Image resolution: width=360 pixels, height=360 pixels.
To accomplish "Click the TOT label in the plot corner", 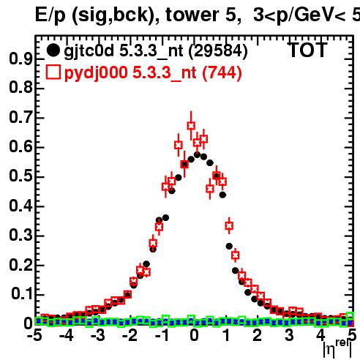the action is (x=307, y=50).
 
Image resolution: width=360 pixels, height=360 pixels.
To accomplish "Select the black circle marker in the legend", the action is (x=53, y=50).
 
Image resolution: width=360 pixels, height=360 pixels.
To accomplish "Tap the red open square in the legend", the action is (x=53, y=72).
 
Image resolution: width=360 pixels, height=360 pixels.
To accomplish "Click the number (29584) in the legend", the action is (x=219, y=50).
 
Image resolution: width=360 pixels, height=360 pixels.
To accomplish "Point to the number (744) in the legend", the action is (x=222, y=72).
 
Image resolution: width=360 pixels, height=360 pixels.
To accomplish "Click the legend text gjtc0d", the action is (x=89, y=51).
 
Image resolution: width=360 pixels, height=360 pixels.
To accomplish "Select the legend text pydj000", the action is (x=96, y=73).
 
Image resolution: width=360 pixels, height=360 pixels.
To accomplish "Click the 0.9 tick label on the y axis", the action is (x=20, y=59).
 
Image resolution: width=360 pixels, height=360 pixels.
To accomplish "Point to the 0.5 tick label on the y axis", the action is (x=20, y=176).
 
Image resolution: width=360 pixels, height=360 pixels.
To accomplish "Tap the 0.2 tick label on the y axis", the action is (x=20, y=265).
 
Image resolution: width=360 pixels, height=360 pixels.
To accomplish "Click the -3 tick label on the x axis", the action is (x=98, y=335).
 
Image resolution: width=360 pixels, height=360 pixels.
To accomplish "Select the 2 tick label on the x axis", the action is (x=258, y=335).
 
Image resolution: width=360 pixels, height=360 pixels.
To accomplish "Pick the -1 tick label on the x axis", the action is (x=162, y=335).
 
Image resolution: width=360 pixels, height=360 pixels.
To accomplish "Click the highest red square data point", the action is (x=191, y=126).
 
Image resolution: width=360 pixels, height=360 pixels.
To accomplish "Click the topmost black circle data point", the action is (x=197, y=154).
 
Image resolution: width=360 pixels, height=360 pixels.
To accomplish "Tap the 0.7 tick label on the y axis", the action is (x=20, y=117).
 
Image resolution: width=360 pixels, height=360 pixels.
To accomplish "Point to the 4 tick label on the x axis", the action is (x=320, y=335).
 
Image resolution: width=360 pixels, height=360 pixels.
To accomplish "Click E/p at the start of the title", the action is (x=50, y=15).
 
